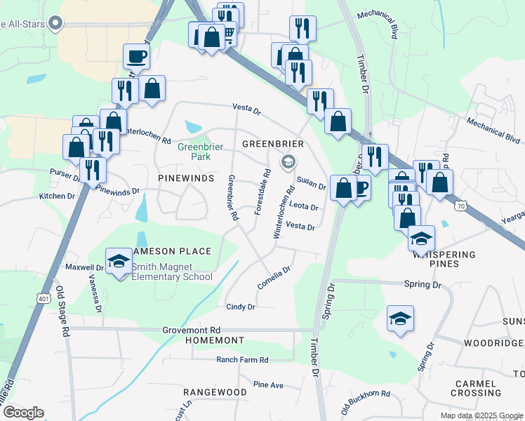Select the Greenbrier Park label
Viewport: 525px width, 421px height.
194,152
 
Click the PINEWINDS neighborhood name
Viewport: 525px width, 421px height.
185,179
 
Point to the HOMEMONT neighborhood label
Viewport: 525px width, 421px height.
214,340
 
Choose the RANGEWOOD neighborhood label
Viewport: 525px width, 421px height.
215,392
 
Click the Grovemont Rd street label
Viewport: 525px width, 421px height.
192,330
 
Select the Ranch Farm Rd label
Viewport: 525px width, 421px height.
242,360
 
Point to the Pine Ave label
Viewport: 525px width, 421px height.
268,385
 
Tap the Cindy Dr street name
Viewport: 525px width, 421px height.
240,307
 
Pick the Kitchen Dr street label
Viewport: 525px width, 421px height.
57,196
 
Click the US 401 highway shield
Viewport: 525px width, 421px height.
44,299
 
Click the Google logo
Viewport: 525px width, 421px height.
22,413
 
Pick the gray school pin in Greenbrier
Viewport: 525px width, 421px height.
288,163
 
